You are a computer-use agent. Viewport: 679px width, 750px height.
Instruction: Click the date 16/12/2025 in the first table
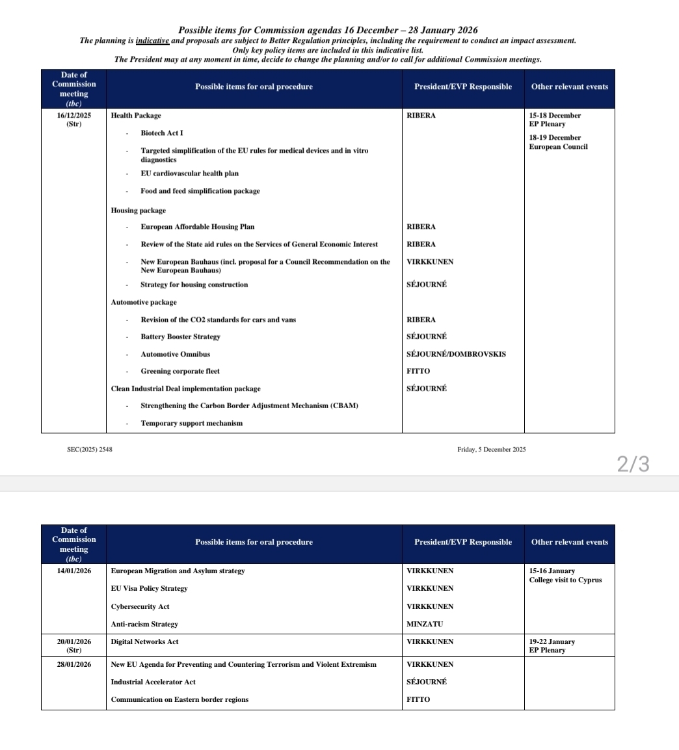[73, 116]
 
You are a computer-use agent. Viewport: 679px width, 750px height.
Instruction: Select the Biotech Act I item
[162, 133]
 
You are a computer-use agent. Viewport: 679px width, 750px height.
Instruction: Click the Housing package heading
[138, 211]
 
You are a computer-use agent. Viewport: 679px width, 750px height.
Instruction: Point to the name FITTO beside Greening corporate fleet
[418, 371]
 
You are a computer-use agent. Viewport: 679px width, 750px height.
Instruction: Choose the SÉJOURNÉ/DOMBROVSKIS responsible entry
[456, 354]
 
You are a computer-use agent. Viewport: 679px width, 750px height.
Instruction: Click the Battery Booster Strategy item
[180, 337]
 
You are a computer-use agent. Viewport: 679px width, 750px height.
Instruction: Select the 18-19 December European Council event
[558, 142]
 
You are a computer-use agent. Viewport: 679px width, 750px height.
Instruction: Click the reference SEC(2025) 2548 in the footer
[89, 449]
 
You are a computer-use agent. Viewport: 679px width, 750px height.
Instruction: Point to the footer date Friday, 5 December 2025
[492, 449]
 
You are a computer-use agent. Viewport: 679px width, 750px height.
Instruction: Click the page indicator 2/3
[632, 464]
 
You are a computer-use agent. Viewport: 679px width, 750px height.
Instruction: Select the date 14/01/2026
[73, 571]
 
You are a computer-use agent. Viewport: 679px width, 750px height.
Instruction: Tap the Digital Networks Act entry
[144, 641]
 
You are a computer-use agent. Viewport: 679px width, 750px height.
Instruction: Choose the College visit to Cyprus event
[565, 580]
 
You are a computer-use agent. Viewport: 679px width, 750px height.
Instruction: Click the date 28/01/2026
[73, 664]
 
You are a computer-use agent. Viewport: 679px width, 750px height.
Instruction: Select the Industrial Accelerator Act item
[153, 682]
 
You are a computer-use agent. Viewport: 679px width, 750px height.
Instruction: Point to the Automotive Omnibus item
[175, 354]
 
